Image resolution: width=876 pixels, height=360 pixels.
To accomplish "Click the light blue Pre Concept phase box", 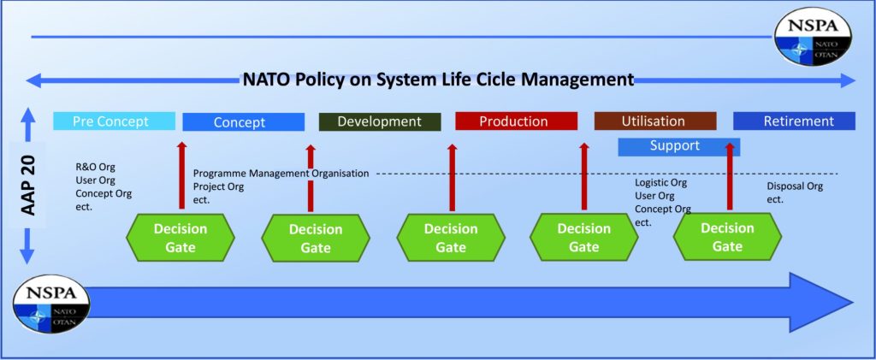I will [x=114, y=121].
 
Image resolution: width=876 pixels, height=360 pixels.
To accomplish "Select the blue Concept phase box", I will [x=243, y=122].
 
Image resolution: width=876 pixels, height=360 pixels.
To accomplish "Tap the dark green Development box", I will [x=379, y=121].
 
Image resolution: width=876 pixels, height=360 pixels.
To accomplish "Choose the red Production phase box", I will [x=513, y=121].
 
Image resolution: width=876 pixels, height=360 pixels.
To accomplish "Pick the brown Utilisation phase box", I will [x=654, y=121].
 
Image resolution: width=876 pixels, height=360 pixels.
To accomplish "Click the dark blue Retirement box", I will [x=794, y=121].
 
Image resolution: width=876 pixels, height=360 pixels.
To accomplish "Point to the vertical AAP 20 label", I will [x=27, y=186].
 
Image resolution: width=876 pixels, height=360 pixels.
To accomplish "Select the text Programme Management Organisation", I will [x=281, y=174].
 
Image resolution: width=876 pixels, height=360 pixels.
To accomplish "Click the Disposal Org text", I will [x=795, y=186].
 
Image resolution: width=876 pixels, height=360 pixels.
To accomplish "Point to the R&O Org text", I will [x=95, y=168].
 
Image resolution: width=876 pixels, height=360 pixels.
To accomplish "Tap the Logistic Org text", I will [x=660, y=183].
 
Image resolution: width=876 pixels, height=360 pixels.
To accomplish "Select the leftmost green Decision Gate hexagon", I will [x=180, y=238].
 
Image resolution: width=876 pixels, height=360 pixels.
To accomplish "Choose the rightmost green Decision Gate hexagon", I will [x=727, y=237].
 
